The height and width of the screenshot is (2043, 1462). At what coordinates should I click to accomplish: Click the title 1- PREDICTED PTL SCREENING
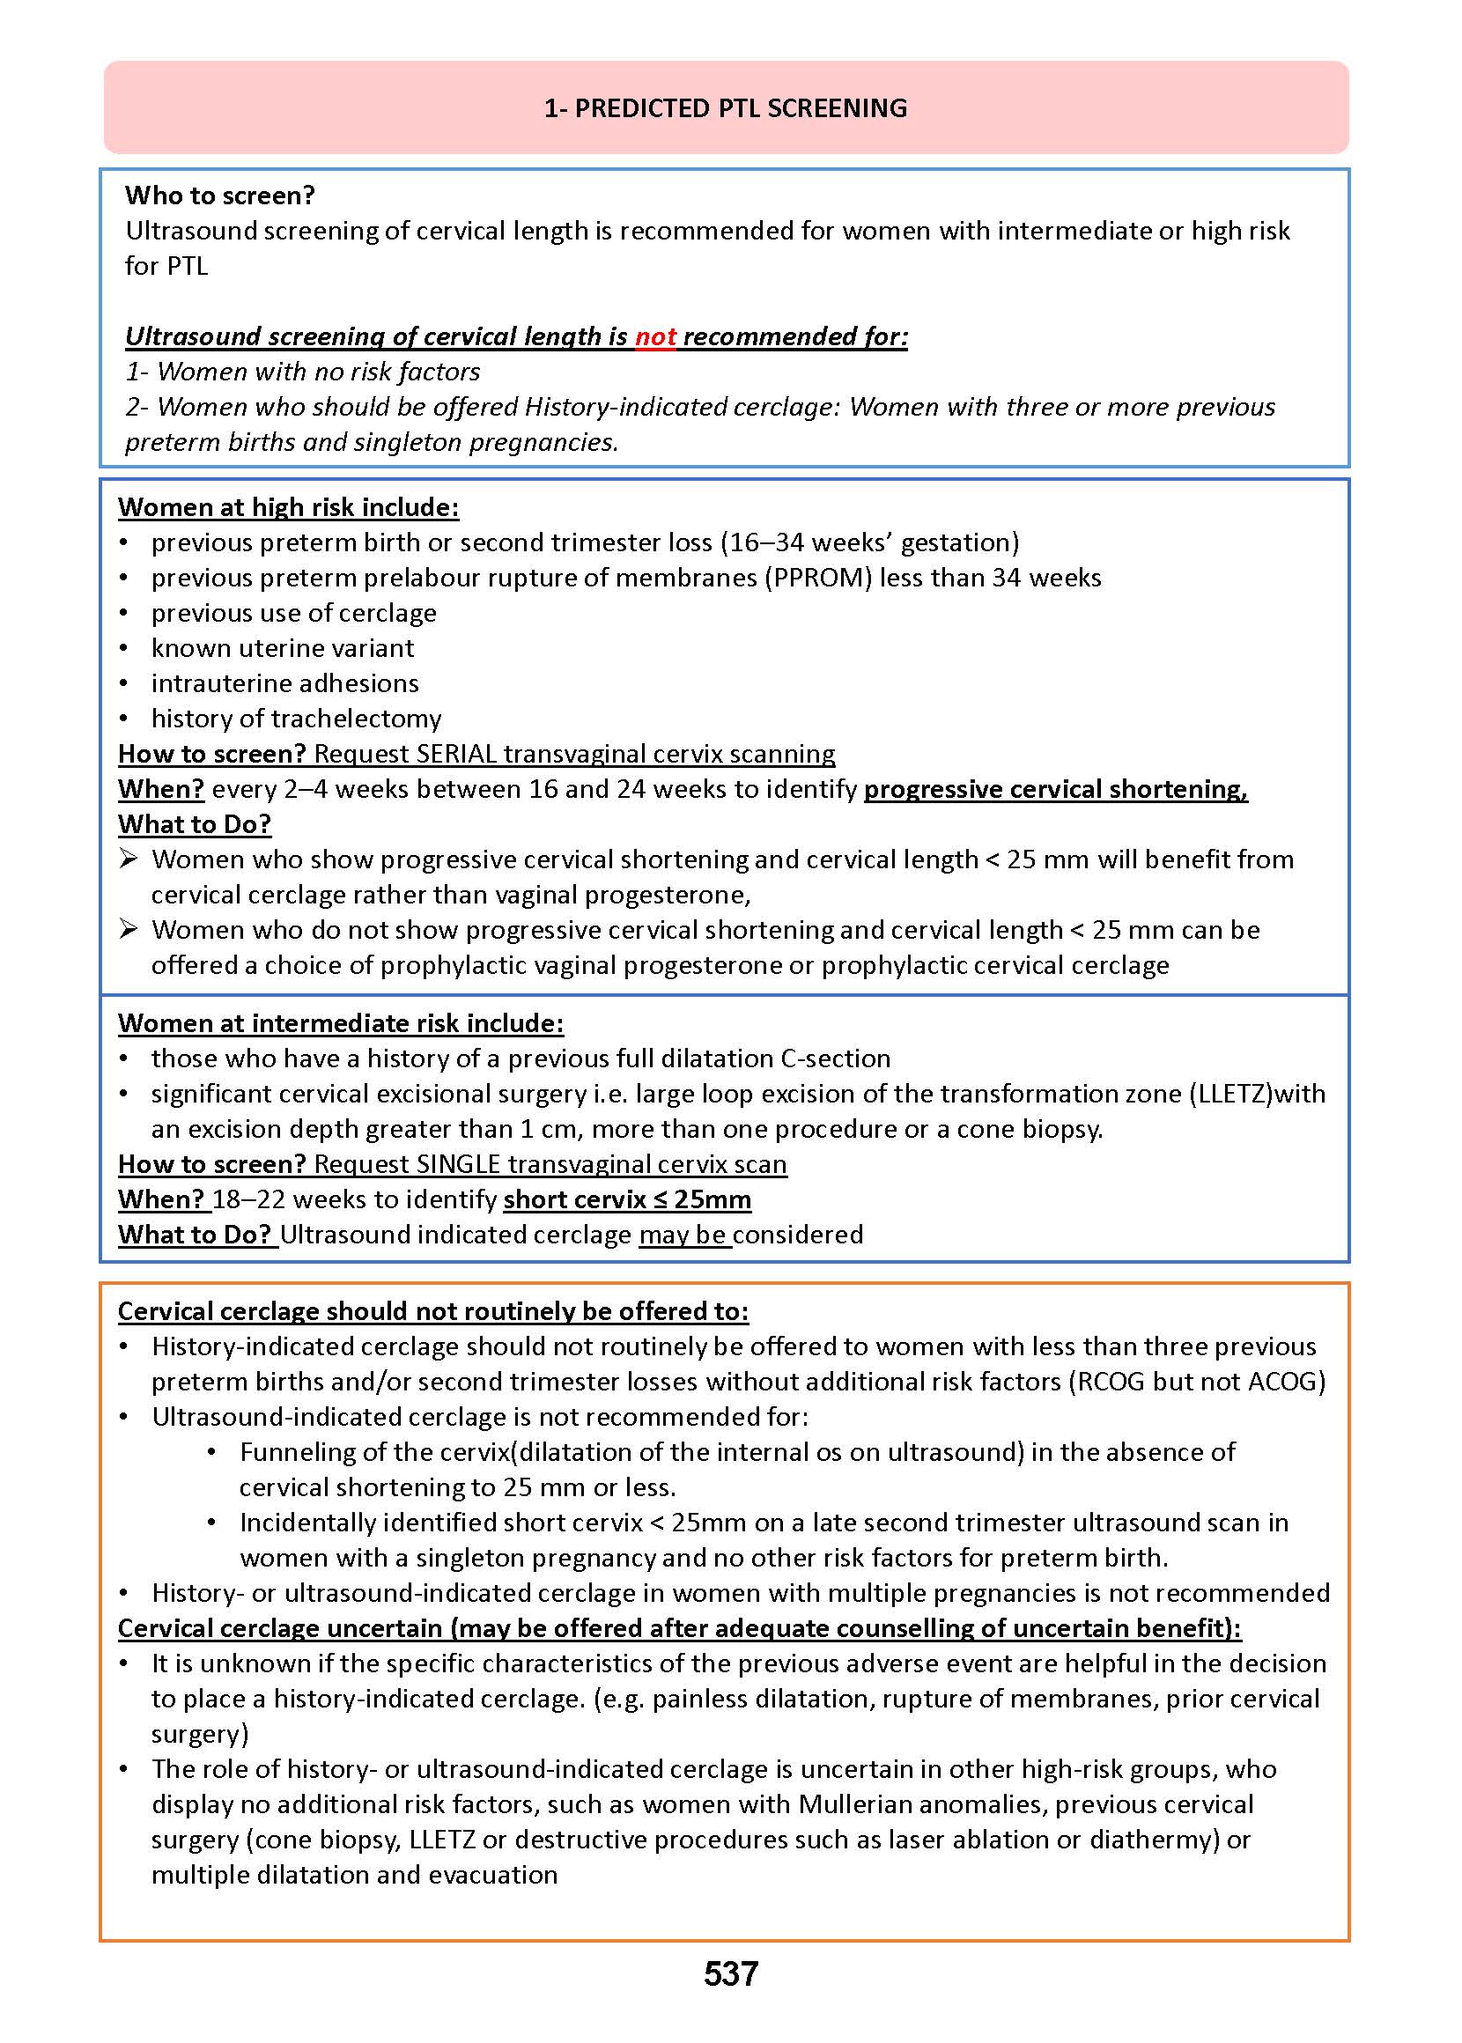tap(726, 108)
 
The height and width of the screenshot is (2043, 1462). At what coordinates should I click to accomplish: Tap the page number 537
tap(730, 1973)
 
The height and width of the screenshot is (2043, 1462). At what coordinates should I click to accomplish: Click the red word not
tap(655, 336)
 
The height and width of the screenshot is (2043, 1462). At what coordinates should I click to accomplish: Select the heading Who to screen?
tap(219, 195)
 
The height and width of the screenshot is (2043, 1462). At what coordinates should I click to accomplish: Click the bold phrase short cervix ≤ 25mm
tap(626, 1199)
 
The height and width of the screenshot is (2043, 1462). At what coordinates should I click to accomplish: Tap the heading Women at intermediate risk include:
tap(340, 1023)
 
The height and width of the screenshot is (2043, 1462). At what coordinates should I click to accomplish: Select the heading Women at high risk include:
tap(288, 507)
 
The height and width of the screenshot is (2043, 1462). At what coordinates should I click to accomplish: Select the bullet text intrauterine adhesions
tap(284, 683)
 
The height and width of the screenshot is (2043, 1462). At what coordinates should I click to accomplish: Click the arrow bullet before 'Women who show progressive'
tap(129, 859)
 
